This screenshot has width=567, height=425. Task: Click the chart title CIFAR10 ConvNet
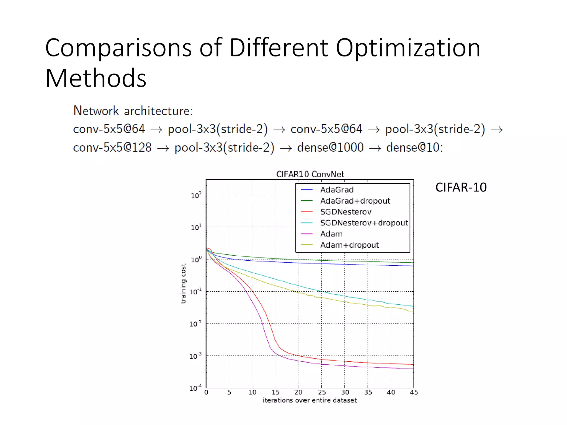tap(310, 174)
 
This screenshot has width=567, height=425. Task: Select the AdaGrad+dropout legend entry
tap(355, 201)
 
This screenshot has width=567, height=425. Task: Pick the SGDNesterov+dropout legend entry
tap(364, 223)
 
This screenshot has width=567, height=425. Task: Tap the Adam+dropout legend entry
tap(349, 245)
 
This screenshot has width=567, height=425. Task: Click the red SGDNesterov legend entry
tap(346, 212)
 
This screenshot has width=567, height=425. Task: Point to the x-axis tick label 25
tap(322, 392)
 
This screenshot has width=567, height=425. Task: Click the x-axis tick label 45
tap(414, 392)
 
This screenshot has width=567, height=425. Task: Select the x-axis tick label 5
tap(229, 392)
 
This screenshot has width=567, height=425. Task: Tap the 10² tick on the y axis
tap(196, 195)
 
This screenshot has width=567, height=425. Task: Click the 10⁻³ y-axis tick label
tap(195, 356)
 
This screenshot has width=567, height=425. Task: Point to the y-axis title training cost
tap(183, 283)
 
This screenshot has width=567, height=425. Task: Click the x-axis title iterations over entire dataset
tap(310, 400)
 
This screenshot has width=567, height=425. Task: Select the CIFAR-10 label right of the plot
tap(461, 187)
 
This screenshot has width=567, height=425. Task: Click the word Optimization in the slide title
tap(408, 48)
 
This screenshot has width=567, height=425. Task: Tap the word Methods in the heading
tap(96, 78)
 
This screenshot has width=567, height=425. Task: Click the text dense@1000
tap(330, 147)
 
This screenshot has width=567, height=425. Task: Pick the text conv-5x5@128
tap(112, 147)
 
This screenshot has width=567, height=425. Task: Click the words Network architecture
tap(133, 111)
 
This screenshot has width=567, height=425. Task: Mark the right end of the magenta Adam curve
tap(413, 369)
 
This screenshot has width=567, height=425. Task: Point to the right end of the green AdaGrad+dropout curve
tap(413, 263)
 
